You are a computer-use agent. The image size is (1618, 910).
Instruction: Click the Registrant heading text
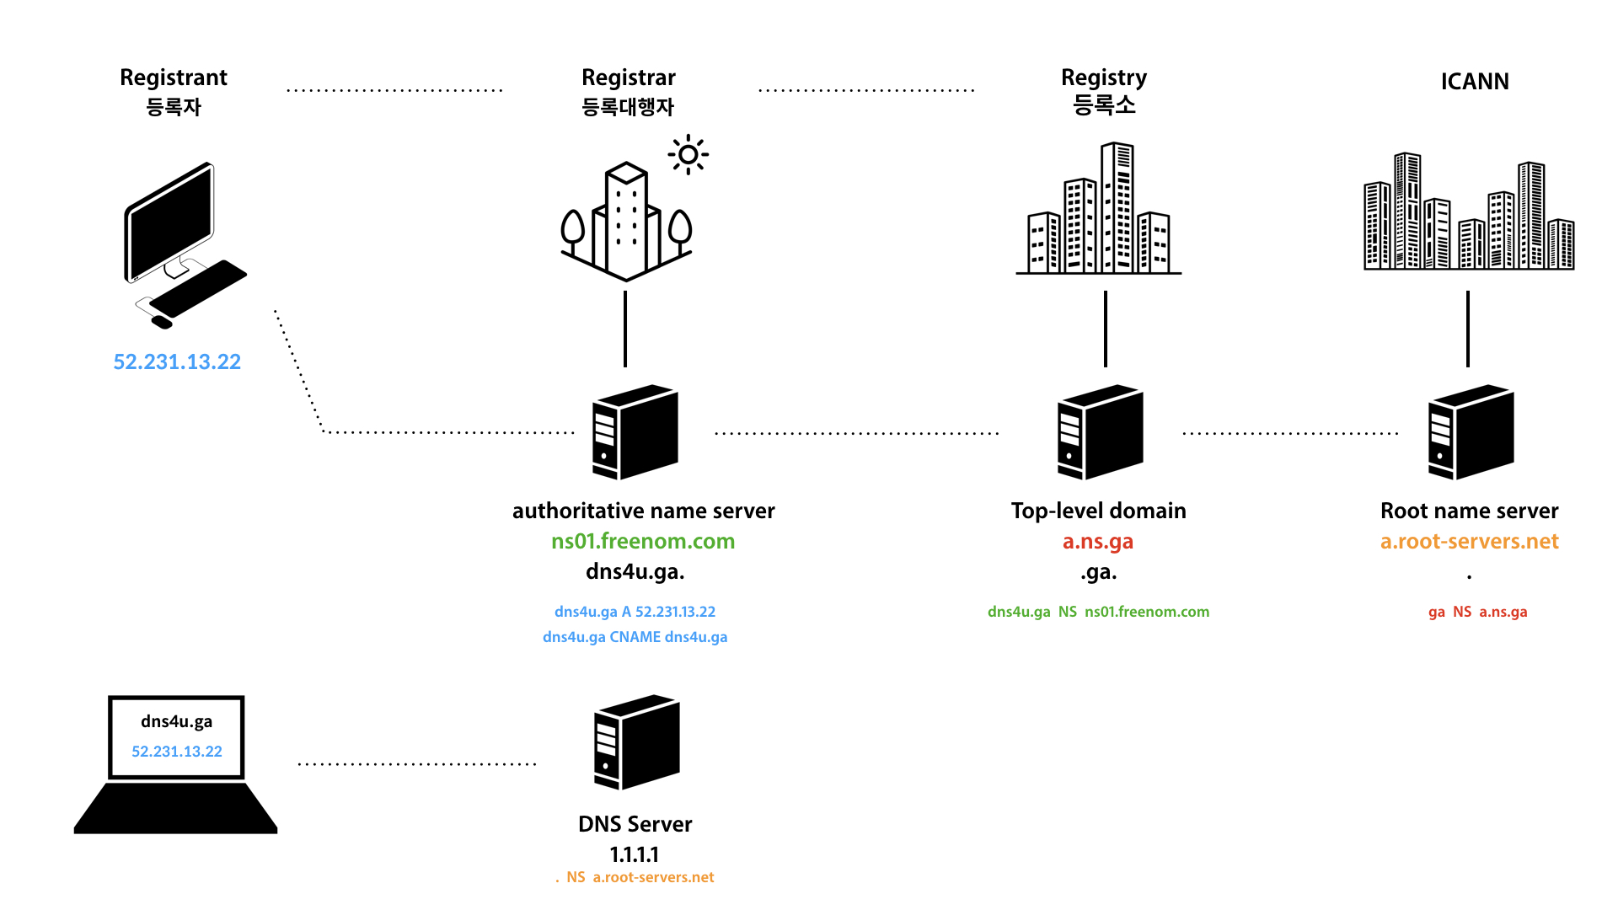174,78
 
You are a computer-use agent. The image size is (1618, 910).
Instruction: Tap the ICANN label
1474,82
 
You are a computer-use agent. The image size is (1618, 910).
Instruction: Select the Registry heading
1103,78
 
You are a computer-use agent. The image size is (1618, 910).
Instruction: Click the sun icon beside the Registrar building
688,154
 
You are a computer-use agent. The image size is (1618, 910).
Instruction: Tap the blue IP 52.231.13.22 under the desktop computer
177,361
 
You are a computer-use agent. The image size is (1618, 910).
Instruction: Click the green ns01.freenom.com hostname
643,541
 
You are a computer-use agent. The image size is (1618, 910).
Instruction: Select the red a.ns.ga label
1097,541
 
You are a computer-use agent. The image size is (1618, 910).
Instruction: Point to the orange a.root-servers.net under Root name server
1469,541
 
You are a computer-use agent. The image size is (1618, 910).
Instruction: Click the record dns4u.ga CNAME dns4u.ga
635,637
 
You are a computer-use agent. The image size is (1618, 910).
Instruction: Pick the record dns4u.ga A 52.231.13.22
635,612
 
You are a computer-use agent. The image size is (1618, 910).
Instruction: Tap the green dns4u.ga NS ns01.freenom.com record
1098,612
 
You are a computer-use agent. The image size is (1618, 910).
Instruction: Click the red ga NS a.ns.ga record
1477,612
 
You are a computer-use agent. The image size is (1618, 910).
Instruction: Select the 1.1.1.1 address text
635,854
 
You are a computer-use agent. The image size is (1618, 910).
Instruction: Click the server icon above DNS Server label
636,742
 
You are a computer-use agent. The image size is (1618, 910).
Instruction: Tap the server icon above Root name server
1471,432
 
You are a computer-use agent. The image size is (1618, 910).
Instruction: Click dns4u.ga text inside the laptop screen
176,721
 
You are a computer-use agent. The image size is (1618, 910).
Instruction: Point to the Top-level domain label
1098,511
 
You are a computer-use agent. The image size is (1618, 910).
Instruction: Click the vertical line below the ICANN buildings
1467,329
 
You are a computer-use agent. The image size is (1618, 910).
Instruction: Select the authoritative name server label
643,511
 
